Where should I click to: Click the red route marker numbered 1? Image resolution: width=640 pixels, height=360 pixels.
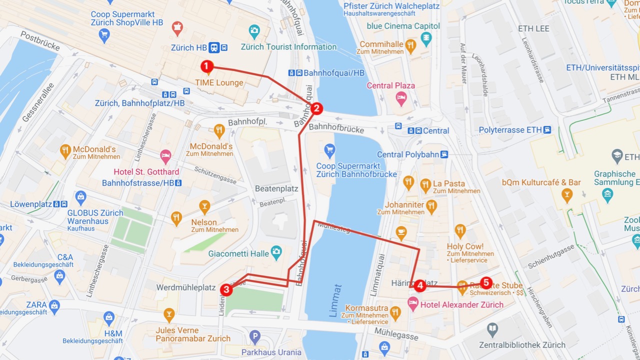[206, 66]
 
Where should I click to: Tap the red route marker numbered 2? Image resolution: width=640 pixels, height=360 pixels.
[316, 108]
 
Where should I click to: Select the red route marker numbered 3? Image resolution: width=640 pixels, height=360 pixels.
[226, 289]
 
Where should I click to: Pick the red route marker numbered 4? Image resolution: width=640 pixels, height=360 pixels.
[420, 286]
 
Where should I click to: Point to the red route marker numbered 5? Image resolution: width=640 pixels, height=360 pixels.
[485, 283]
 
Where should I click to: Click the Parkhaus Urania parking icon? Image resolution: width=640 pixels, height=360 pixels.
[255, 337]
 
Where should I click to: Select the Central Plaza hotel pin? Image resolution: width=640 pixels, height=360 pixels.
[401, 98]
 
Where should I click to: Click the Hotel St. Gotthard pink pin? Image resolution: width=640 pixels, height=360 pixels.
[165, 156]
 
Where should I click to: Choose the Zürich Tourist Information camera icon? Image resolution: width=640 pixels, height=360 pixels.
[254, 31]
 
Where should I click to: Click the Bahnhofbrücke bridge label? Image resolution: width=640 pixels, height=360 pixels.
[336, 128]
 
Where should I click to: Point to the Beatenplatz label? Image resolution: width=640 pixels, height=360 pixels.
[276, 189]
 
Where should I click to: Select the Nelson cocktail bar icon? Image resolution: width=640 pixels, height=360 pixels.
[204, 206]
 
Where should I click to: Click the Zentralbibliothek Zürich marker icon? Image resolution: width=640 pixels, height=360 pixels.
[492, 329]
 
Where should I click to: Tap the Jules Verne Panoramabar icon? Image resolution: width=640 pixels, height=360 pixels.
[169, 315]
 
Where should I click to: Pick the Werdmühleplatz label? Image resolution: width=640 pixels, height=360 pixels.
[186, 287]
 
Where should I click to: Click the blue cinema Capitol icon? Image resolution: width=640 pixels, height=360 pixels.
[426, 38]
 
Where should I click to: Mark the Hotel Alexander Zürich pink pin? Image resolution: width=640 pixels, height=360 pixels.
[413, 303]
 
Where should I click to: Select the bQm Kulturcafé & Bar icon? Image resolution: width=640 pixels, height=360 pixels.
[566, 195]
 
